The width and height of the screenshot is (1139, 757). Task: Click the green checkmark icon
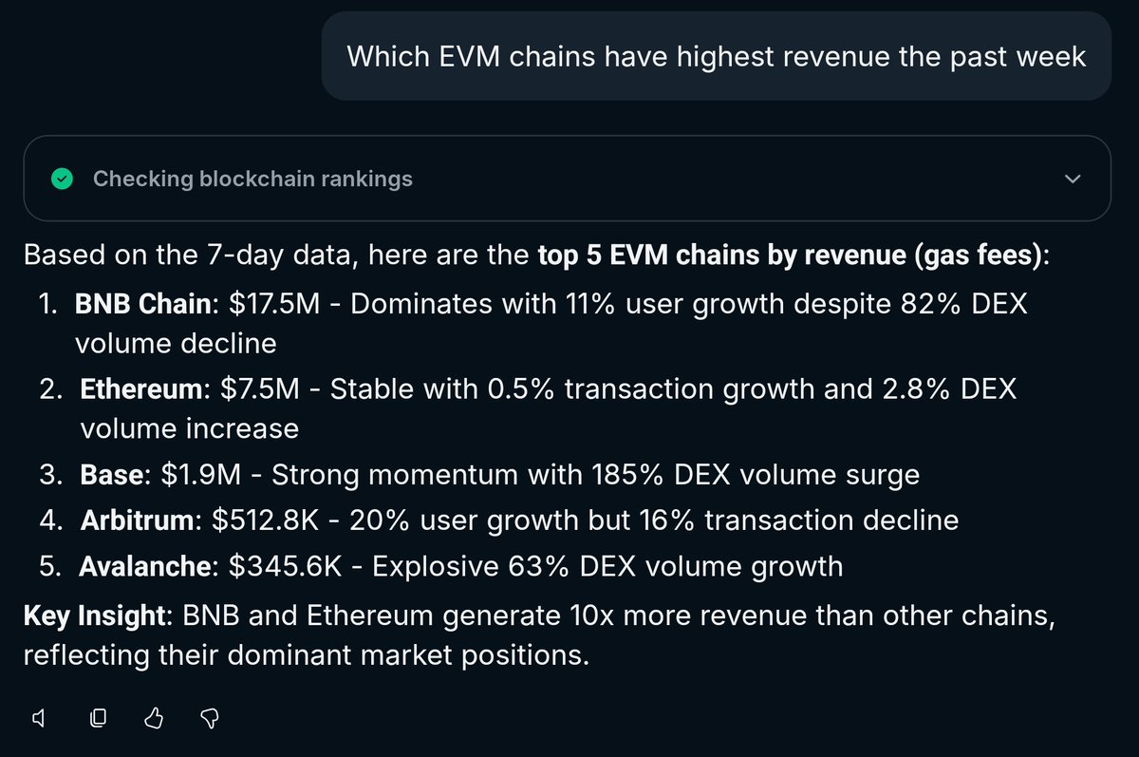[62, 179]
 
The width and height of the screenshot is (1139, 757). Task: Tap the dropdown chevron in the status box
[1073, 179]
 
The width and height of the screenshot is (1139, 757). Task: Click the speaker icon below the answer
[39, 719]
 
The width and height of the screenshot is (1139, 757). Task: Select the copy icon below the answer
[97, 719]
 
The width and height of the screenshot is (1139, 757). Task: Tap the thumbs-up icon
[155, 719]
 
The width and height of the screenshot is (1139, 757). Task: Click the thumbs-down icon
[212, 719]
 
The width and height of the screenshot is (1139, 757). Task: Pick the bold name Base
[111, 474]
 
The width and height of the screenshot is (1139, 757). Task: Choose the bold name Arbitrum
[137, 520]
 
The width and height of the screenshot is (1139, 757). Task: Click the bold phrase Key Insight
[94, 615]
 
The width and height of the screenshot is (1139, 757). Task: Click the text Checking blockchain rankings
[252, 179]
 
